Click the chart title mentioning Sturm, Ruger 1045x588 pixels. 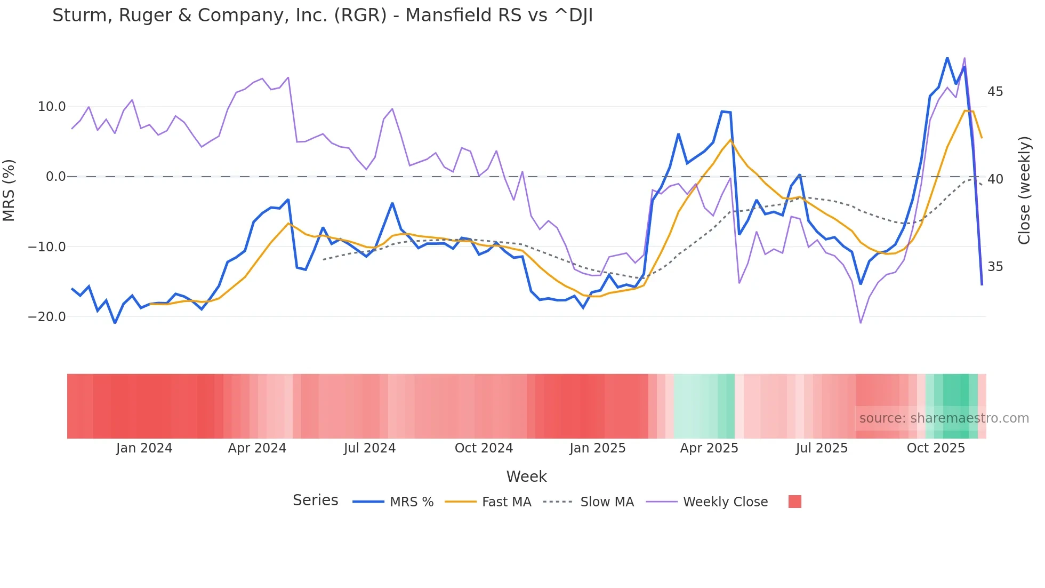[x=322, y=15]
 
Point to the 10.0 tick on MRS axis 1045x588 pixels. [x=52, y=107]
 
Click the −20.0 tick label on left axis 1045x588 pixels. [x=47, y=317]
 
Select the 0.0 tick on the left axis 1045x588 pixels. [x=56, y=177]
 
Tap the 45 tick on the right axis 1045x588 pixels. [x=995, y=92]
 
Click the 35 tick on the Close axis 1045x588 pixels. [x=995, y=267]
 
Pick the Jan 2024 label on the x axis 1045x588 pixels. [x=144, y=448]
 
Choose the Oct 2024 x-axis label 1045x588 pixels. [x=484, y=448]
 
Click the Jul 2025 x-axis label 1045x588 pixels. [x=822, y=448]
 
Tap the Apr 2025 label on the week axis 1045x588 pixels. [x=709, y=448]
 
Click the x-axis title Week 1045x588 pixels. [x=526, y=476]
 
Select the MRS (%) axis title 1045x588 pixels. [x=9, y=190]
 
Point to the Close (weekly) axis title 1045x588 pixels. [x=1024, y=190]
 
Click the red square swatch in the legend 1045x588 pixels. [x=794, y=502]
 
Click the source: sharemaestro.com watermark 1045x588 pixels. [x=944, y=418]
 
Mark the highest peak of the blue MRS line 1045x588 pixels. [x=947, y=58]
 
